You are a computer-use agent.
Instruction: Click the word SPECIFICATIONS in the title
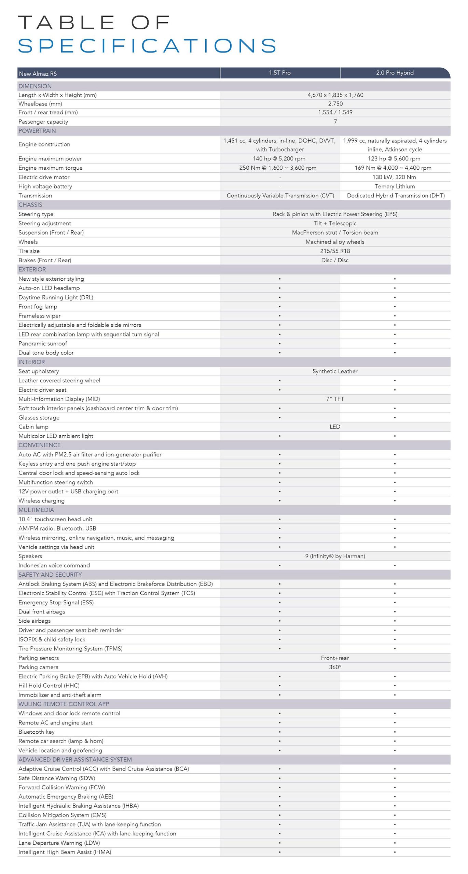147,46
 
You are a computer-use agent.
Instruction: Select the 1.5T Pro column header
280,73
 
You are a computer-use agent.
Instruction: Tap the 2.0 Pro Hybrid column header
395,73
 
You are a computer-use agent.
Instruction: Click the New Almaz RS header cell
38,74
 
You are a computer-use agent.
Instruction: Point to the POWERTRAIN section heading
37,131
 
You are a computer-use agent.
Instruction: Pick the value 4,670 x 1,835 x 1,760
335,95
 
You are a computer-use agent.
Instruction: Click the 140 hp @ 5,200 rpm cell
279,158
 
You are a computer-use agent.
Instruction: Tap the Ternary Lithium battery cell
395,186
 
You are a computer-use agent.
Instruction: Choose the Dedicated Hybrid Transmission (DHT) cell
396,195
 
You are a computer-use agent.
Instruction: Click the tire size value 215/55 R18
335,251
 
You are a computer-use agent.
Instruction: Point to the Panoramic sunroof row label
43,343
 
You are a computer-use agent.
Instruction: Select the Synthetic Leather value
335,371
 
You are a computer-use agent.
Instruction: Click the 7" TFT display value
335,399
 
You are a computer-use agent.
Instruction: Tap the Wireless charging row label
41,501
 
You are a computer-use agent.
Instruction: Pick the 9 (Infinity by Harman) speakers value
335,556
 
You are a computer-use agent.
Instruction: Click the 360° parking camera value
335,667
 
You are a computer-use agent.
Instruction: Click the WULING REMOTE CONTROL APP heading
64,704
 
